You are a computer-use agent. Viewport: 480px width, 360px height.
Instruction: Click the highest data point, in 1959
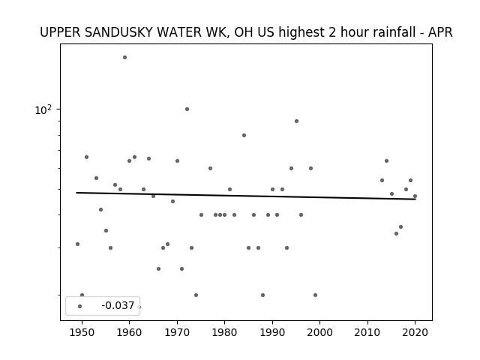[124, 57]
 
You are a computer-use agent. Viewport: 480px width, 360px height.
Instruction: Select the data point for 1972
[187, 109]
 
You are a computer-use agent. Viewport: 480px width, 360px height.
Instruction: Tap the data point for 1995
[296, 121]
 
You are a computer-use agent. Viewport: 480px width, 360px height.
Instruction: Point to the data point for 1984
[244, 135]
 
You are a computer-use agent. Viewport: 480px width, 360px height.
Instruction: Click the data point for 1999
[315, 295]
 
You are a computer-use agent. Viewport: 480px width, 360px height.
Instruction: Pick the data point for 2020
[415, 196]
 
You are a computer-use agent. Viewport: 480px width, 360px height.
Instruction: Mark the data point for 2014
[387, 160]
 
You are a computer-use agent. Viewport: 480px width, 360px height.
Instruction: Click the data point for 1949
[77, 244]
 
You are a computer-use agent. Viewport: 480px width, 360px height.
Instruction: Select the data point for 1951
[87, 157]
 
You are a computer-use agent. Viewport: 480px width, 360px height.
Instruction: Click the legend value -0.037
[118, 305]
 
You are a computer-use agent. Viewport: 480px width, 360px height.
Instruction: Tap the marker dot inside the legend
[80, 306]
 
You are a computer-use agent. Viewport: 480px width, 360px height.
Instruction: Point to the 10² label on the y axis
[43, 109]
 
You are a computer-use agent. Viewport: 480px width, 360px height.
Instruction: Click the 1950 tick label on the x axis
[82, 332]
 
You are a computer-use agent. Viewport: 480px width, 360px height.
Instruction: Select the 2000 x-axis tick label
[320, 332]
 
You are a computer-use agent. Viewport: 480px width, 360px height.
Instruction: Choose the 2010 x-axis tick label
[367, 332]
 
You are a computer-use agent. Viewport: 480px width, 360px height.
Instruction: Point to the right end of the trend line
[415, 199]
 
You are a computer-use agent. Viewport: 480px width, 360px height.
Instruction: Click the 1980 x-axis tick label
[225, 332]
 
